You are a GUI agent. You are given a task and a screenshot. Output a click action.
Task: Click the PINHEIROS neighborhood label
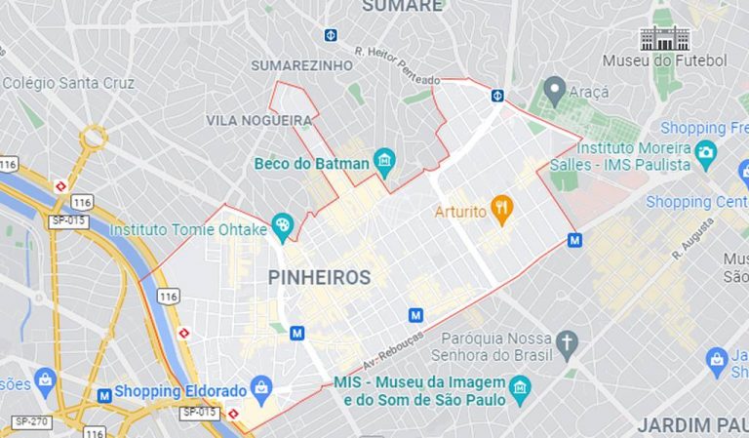(319, 278)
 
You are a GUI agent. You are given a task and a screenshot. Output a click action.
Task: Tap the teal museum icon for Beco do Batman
(384, 161)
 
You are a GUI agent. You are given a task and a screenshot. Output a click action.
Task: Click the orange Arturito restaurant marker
(501, 207)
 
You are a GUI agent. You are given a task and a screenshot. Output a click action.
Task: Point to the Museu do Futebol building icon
(664, 38)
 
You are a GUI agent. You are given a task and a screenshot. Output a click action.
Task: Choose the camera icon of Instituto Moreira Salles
(705, 152)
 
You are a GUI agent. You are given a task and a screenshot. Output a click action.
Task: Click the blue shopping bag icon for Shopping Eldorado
(260, 390)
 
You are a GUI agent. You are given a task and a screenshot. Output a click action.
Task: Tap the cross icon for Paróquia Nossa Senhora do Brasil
(568, 342)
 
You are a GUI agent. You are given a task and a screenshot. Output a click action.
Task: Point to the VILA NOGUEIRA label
(258, 120)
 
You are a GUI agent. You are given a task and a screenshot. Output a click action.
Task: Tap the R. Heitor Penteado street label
(397, 65)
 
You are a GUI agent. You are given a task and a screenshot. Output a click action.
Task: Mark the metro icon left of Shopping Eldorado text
(103, 395)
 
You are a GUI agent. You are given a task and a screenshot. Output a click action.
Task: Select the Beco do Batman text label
(311, 163)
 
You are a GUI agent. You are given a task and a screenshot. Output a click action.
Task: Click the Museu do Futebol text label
(664, 60)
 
